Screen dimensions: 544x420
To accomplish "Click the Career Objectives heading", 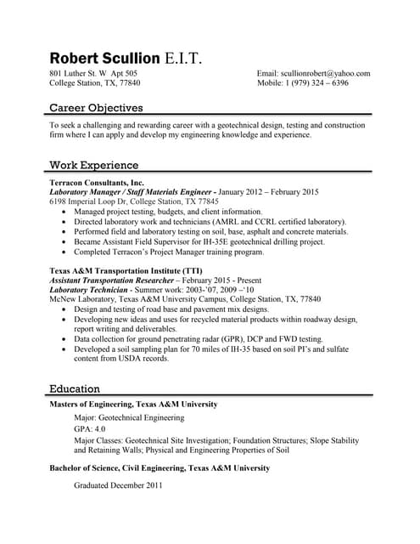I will [x=96, y=108].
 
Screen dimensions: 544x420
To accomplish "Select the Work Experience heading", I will [x=93, y=165].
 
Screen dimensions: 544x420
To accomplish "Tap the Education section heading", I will [x=75, y=388].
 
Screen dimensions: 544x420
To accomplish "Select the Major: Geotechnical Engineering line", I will [x=129, y=417].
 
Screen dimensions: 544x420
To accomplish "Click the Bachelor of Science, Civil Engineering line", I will [x=160, y=467].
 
